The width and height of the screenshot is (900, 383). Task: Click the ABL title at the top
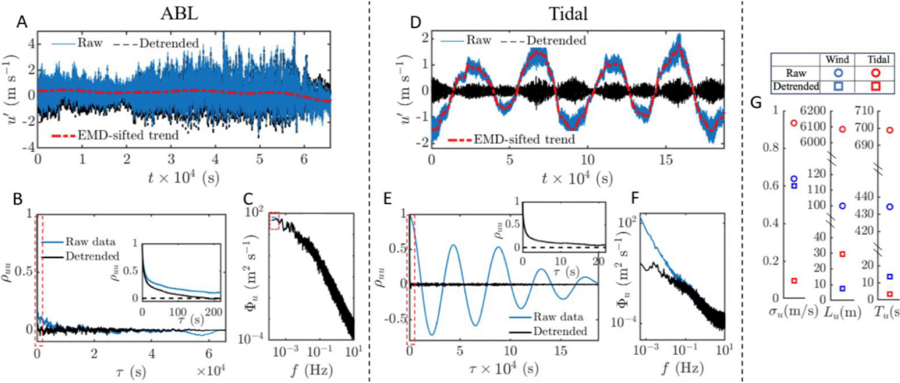coord(179,13)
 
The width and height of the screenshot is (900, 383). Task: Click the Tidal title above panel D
coord(568,13)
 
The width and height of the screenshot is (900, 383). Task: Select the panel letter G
coord(756,103)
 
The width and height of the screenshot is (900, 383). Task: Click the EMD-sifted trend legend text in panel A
coord(128,135)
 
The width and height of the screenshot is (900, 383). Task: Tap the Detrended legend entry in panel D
coord(556,41)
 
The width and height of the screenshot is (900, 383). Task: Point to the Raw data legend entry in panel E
coord(558,317)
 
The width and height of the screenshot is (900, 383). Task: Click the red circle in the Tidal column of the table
coord(875,73)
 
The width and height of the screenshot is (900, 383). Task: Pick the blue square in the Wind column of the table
coord(838,86)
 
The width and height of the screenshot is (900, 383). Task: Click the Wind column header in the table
coord(837,60)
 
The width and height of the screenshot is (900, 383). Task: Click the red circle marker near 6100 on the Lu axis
coord(842,129)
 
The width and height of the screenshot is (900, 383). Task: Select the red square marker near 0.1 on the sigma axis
coord(794,281)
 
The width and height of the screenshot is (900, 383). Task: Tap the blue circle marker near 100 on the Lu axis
coord(842,206)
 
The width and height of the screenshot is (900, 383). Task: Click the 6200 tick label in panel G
coord(813,111)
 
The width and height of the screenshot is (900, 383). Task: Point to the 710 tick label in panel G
coord(865,111)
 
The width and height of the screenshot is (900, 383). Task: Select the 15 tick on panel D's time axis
coord(666,160)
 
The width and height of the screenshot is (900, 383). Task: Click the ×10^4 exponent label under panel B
coord(211,370)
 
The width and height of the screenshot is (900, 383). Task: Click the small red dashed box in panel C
coord(274,221)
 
